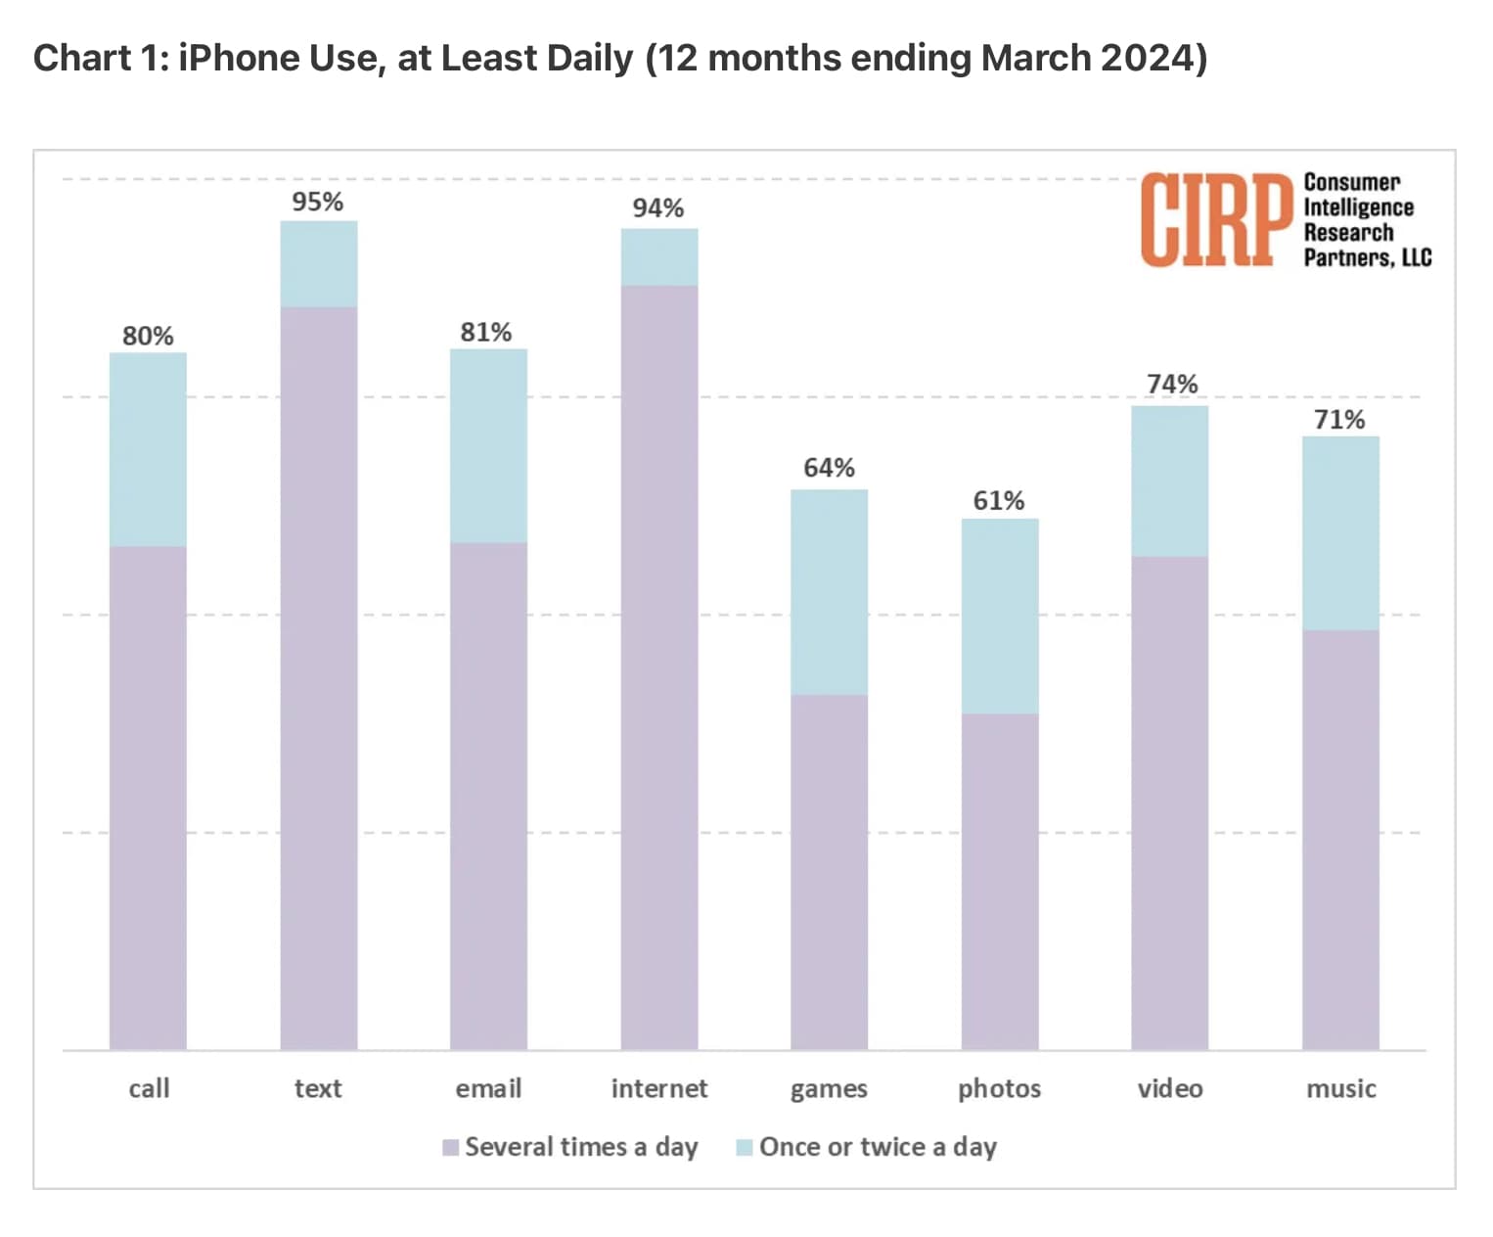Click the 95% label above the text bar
318,202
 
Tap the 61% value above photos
999,501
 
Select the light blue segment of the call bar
148,449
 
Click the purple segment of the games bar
829,871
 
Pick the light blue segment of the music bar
1340,533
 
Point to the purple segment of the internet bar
659,665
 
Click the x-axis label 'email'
488,1088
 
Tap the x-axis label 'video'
1170,1088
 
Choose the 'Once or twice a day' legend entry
866,1147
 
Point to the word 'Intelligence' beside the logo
1358,207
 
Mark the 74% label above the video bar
1172,384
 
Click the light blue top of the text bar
319,264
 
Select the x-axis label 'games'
829,1088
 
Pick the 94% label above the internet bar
658,208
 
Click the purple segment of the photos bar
1000,881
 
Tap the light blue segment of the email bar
488,446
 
